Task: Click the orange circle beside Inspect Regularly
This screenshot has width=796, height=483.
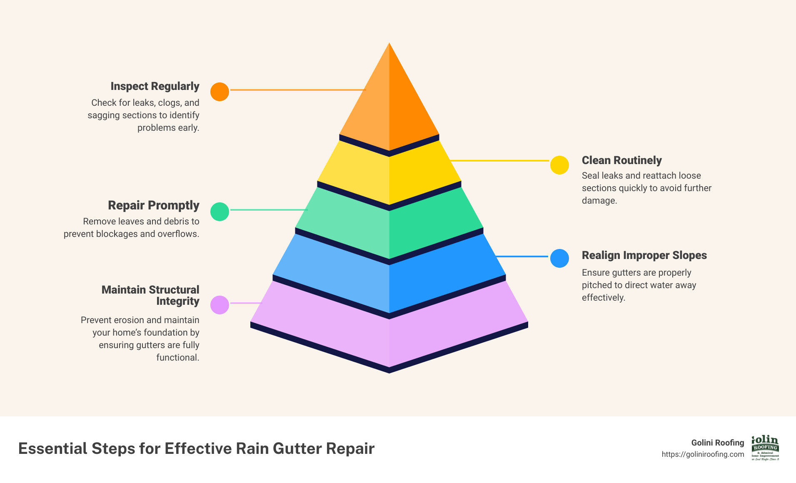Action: coord(220,92)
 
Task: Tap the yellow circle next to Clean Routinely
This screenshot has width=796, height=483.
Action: coord(559,165)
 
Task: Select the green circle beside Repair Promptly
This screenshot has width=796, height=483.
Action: coord(220,212)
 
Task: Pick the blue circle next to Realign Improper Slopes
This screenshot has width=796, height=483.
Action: coord(559,258)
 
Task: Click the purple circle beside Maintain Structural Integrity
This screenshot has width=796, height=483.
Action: coord(220,305)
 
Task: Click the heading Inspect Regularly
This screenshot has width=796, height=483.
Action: coord(155,86)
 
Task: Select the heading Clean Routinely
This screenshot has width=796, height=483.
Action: coord(621,160)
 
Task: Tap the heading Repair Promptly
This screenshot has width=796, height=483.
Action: coord(154,205)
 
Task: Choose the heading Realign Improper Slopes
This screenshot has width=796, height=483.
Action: coord(644,255)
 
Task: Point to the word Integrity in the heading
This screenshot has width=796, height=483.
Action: coord(178,301)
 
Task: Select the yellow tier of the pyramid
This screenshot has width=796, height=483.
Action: coord(389,175)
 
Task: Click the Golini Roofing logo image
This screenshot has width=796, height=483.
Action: coord(765,448)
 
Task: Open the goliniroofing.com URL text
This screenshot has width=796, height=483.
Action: coord(703,454)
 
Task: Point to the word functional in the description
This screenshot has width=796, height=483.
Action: coord(178,358)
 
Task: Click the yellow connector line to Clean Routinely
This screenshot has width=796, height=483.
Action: coord(500,160)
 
